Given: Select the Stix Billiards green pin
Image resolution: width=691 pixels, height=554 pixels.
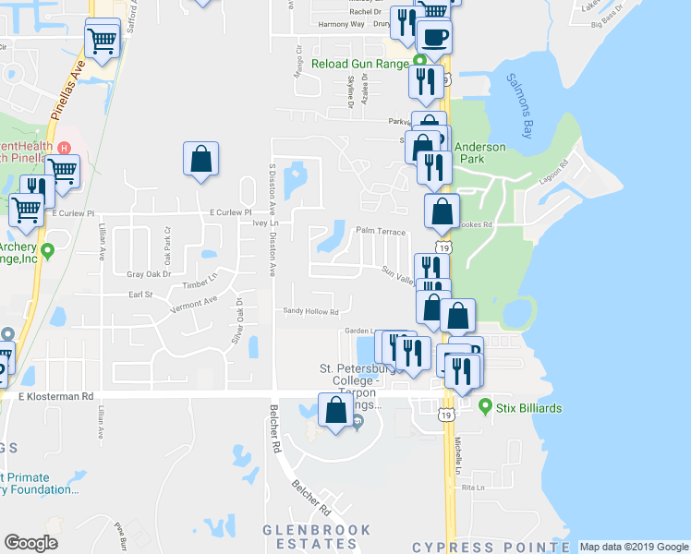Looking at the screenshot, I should (486, 403).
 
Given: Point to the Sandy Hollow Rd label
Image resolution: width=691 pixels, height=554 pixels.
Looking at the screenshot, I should (310, 311).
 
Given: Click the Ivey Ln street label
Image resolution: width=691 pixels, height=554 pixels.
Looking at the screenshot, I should (265, 223).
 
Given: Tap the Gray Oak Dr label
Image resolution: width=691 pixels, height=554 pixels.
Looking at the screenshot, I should (149, 274).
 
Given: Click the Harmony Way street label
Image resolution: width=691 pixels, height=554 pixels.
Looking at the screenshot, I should (341, 25).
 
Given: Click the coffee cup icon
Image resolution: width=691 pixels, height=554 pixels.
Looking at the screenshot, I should (434, 37).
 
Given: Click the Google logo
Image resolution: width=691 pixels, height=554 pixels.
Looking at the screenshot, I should (30, 543).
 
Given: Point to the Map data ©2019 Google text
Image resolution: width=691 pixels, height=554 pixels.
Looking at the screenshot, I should (633, 547).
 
